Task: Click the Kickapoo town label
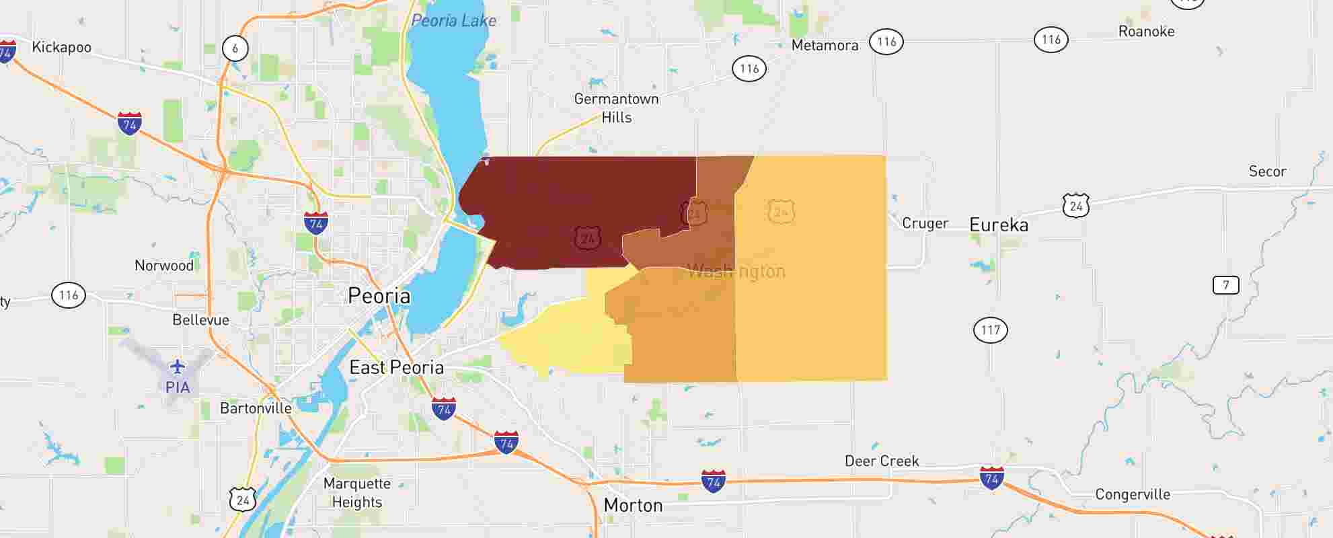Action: pyautogui.click(x=61, y=48)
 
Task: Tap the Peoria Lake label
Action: pyautogui.click(x=453, y=21)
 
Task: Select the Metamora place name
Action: pyautogui.click(x=825, y=46)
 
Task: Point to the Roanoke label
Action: pyautogui.click(x=1146, y=32)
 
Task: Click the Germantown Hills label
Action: pyautogui.click(x=616, y=108)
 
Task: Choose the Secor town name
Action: pyautogui.click(x=1267, y=171)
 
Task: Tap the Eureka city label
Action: pyautogui.click(x=999, y=225)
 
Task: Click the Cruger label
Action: pyautogui.click(x=925, y=223)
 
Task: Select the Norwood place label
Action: pyautogui.click(x=164, y=266)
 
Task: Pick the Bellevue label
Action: pyautogui.click(x=200, y=320)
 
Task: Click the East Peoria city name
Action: pyautogui.click(x=396, y=368)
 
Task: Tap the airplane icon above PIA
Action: pyautogui.click(x=177, y=367)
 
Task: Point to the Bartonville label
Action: pyautogui.click(x=256, y=408)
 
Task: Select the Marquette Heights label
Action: pyautogui.click(x=356, y=493)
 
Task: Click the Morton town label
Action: pyautogui.click(x=633, y=506)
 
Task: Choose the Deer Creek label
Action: pyautogui.click(x=882, y=461)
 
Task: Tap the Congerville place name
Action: pyautogui.click(x=1133, y=495)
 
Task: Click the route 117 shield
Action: pyautogui.click(x=991, y=330)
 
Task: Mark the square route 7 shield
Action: pyautogui.click(x=1225, y=285)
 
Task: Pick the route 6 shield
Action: pyautogui.click(x=235, y=48)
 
